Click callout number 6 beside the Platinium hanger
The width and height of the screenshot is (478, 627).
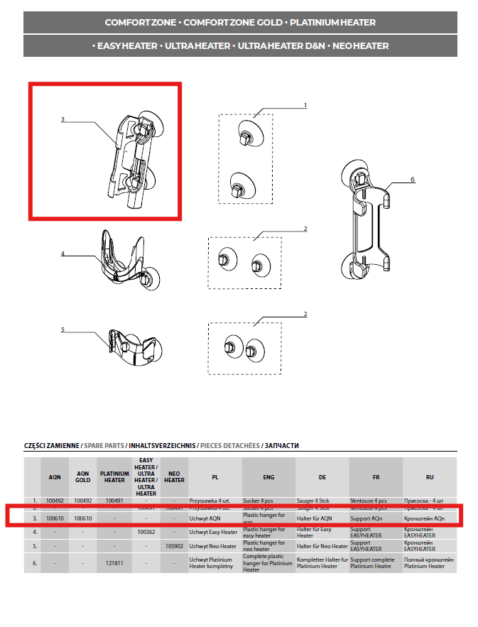click(412, 180)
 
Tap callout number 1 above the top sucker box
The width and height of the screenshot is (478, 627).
click(305, 105)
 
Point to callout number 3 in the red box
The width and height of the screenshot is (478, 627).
click(63, 119)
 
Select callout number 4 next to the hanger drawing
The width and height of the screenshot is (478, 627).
click(63, 253)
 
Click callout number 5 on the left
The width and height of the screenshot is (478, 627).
click(63, 329)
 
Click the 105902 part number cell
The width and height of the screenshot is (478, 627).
click(174, 546)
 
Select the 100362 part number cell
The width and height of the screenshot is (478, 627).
click(145, 531)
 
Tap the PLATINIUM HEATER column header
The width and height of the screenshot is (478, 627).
click(114, 476)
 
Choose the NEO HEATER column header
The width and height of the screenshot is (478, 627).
click(174, 476)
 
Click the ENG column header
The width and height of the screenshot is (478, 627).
click(268, 476)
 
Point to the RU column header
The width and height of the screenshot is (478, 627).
click(429, 476)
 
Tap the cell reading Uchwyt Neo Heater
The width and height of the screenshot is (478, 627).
click(213, 546)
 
